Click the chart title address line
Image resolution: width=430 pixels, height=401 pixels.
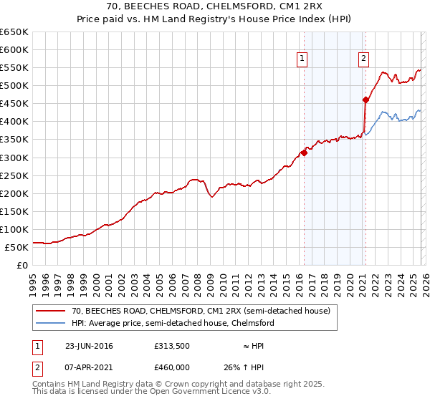coord(215,6)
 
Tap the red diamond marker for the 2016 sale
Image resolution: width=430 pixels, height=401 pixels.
coord(304,152)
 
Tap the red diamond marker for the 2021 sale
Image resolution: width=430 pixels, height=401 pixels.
coord(365,100)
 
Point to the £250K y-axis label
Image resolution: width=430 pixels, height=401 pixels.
coord(14,175)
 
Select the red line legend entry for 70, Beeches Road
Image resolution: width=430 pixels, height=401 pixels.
coord(201,311)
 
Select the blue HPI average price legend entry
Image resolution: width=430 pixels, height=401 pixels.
coord(172,324)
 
